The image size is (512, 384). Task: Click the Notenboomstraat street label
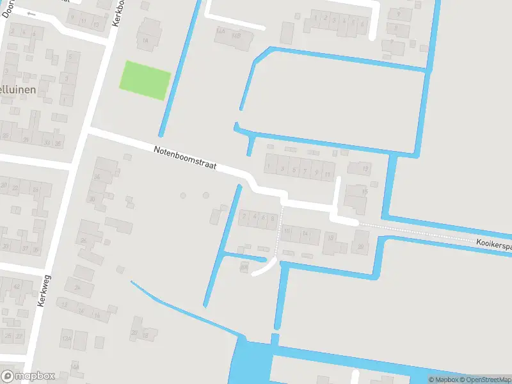coord(185,158)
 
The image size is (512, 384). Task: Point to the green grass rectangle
coord(146,80)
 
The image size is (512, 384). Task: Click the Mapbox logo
coord(28,376)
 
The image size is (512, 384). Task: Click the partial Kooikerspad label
coord(493,244)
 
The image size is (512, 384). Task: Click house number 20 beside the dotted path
coord(361,247)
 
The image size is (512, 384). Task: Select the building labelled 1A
coord(146,41)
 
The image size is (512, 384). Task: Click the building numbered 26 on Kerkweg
coord(84,240)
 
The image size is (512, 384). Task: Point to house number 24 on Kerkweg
coord(77,287)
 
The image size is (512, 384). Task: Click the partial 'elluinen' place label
coord(17,90)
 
